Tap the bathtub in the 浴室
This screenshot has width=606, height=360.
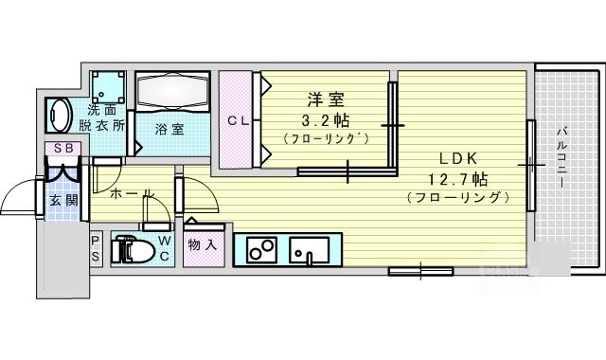click(172, 91)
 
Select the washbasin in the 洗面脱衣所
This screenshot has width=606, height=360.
click(59, 116)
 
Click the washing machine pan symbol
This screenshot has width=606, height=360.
click(109, 87)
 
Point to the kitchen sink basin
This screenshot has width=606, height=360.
click(310, 249)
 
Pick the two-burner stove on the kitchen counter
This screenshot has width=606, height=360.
click(261, 249)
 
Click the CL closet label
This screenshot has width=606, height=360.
click(238, 121)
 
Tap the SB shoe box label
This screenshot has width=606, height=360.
click(63, 148)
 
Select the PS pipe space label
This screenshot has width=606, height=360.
click(96, 248)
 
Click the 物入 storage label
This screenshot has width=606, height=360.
click(202, 244)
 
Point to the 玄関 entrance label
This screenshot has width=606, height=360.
click(63, 201)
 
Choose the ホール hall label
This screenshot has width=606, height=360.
click(133, 193)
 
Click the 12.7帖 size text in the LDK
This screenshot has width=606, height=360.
click(457, 179)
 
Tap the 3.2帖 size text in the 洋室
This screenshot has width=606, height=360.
click(325, 120)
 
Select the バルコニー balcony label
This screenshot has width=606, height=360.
click(562, 157)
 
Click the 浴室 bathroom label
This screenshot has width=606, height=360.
click(169, 129)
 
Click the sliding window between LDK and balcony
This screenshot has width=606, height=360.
click(531, 166)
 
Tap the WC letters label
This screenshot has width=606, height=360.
click(164, 248)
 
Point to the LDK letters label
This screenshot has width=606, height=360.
click(458, 158)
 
